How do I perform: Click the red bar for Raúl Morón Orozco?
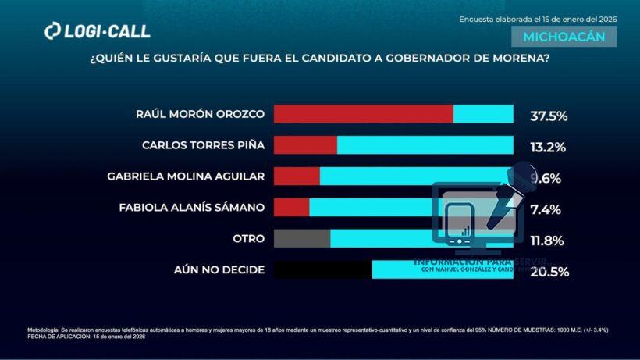(364, 114)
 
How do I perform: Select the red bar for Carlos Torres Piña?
(305, 145)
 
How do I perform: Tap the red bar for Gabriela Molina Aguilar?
(297, 176)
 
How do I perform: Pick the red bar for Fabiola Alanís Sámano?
(292, 207)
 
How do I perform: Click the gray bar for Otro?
(302, 238)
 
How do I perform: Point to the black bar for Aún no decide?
(322, 269)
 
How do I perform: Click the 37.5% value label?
(548, 116)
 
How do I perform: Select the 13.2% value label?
(548, 147)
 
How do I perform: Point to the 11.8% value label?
(548, 241)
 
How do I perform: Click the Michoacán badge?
(564, 37)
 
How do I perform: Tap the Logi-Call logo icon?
(52, 31)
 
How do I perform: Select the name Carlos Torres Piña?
(203, 145)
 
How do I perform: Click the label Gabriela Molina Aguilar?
(186, 176)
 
